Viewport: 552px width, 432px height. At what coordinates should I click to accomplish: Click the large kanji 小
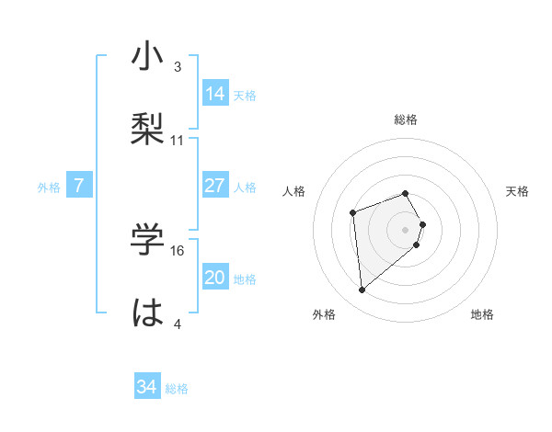point(147,57)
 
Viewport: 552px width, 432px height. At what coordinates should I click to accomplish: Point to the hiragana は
point(147,313)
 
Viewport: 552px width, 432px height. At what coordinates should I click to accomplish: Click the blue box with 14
point(215,94)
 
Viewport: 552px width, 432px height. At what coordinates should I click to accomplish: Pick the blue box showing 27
point(215,186)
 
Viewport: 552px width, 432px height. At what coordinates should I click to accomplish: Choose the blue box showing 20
point(215,278)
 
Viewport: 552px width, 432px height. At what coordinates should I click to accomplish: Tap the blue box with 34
point(147,387)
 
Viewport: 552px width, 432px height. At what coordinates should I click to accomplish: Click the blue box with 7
point(79,186)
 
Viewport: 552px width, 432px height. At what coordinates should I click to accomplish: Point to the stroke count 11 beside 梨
point(178,141)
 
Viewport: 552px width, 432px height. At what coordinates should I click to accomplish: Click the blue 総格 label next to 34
point(177,389)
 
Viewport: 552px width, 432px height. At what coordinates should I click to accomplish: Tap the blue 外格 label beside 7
point(49,188)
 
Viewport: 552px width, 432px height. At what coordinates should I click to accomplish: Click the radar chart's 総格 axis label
point(406,119)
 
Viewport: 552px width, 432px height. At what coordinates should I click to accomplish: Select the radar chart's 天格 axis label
point(518,191)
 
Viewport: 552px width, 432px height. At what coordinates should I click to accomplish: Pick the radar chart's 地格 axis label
point(482,314)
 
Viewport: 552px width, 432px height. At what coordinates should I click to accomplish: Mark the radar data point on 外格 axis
point(362,290)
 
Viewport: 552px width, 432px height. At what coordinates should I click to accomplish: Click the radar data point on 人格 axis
point(352,213)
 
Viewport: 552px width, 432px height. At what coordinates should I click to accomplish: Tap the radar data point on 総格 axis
point(406,193)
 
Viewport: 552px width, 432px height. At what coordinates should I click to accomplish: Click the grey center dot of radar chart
point(406,229)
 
